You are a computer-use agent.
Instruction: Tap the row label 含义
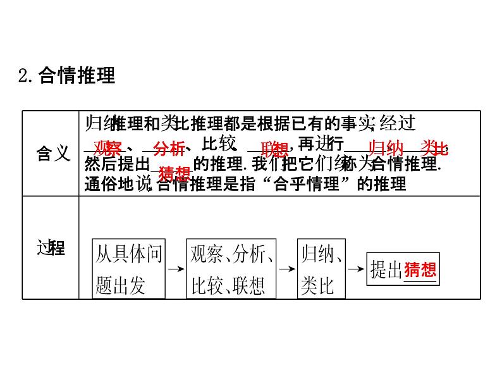coord(52,152)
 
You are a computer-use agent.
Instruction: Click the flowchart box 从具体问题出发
coord(128,268)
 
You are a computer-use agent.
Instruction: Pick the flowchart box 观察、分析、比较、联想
coord(232,268)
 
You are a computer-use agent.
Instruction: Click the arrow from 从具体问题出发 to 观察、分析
coord(175,268)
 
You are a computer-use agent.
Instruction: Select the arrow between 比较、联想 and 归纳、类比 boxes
coord(287,268)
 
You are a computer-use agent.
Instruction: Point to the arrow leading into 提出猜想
coord(357,268)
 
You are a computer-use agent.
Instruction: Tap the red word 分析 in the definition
coord(169,149)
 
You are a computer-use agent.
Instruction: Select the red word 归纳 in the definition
coord(386,149)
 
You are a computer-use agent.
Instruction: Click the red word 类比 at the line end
coord(434,149)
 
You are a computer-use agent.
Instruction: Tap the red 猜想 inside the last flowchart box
coord(420,270)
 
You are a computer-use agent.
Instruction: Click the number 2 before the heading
coord(24,77)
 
